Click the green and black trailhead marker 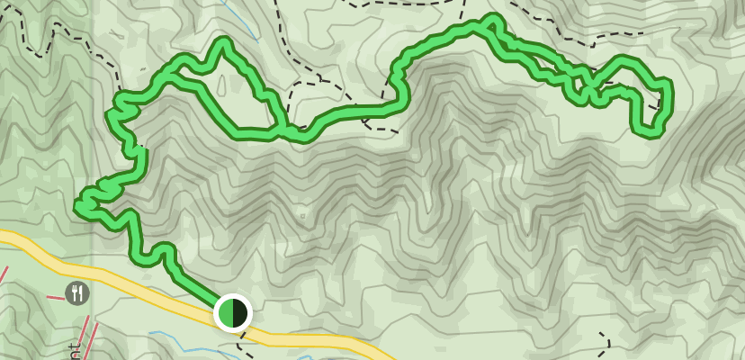point(233,313)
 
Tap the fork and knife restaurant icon point(77,292)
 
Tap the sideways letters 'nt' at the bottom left point(75,351)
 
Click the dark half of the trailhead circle point(240,313)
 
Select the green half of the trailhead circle point(226,313)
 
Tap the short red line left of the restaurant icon point(4,274)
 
